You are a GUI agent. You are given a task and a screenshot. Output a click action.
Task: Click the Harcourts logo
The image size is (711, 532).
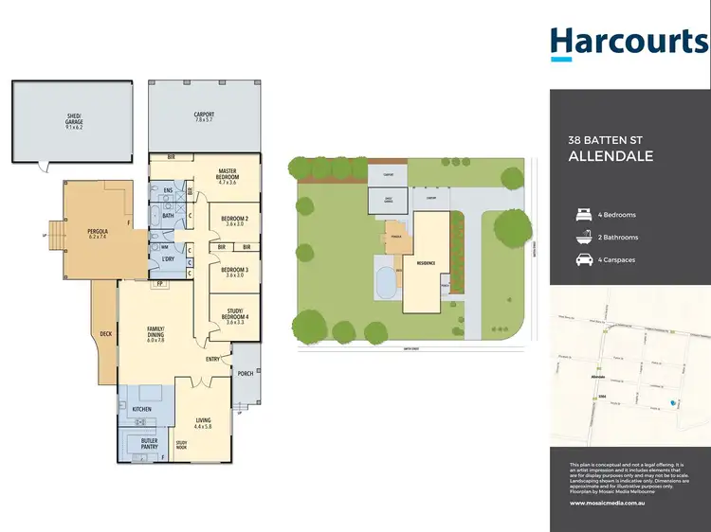629,43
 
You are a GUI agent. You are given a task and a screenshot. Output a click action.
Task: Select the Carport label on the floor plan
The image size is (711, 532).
204,115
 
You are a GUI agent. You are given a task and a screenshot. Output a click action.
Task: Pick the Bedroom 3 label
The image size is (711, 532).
234,272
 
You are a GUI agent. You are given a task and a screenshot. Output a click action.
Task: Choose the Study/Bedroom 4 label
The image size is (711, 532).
234,317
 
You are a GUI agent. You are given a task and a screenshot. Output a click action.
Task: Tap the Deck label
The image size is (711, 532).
105,332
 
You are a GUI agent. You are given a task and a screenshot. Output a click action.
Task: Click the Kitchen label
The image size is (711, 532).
142,409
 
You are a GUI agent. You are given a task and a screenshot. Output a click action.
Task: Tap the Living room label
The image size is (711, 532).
204,422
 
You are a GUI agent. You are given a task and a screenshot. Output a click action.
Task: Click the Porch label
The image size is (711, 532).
245,373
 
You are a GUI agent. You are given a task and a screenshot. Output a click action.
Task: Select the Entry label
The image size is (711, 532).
212,360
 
